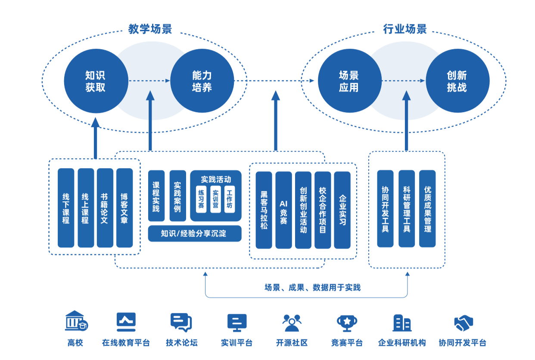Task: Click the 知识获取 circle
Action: (96, 81)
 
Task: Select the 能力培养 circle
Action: (202, 81)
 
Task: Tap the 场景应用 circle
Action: (349, 81)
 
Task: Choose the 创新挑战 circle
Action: (457, 81)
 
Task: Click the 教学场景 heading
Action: (150, 29)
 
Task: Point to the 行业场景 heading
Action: (405, 29)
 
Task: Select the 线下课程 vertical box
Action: (66, 208)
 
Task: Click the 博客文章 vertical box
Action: (124, 208)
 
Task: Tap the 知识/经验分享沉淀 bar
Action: (194, 234)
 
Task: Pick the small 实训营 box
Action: (215, 199)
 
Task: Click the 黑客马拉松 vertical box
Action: (264, 210)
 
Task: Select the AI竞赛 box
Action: (283, 210)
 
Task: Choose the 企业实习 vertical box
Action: (342, 210)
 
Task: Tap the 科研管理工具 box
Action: (407, 209)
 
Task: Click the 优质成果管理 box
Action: (427, 209)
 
